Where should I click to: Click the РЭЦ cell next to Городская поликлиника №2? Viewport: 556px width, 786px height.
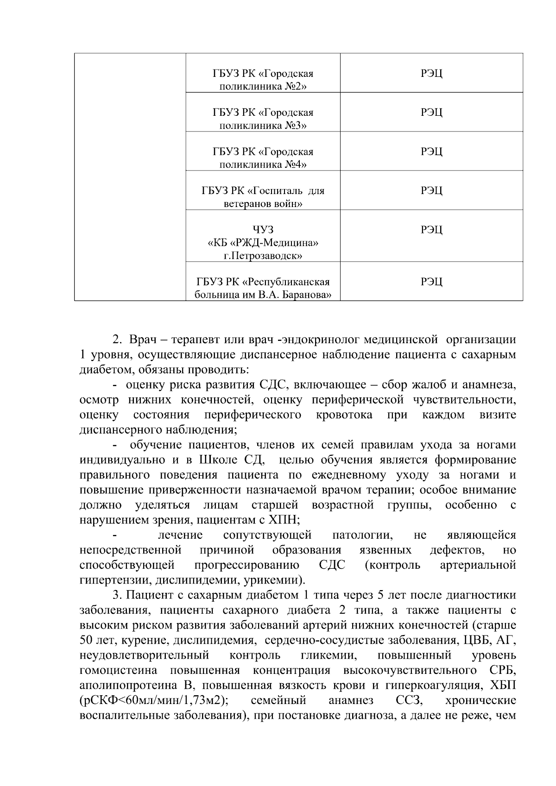click(x=431, y=74)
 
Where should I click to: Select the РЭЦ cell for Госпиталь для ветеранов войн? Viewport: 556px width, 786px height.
click(x=431, y=191)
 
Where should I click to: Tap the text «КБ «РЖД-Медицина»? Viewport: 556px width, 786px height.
click(x=263, y=243)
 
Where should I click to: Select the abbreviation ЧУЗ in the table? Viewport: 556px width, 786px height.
click(x=263, y=230)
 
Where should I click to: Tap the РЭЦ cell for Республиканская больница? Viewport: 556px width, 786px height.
click(x=431, y=282)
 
